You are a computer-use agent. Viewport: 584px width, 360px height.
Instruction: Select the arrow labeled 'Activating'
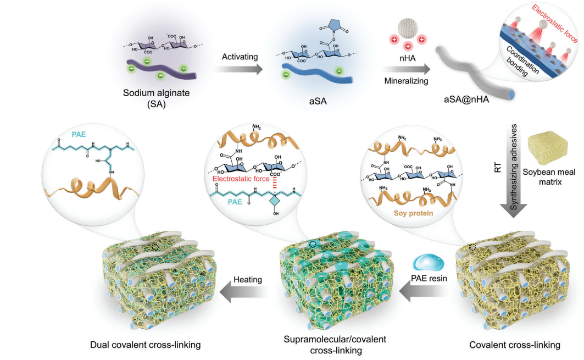point(237,70)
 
